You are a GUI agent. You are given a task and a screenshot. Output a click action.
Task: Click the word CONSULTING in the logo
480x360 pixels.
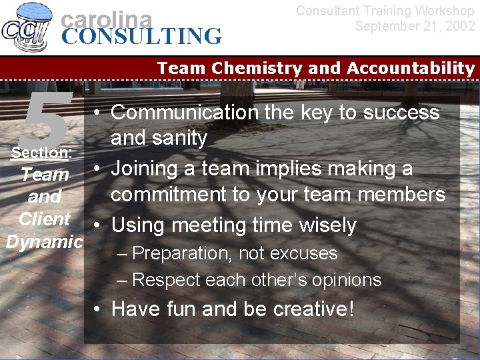click(141, 36)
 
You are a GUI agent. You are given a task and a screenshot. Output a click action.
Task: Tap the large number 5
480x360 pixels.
click(47, 120)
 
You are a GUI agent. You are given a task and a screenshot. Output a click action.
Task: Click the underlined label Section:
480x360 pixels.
click(41, 153)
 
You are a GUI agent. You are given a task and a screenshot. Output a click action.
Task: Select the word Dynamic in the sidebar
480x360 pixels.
click(44, 241)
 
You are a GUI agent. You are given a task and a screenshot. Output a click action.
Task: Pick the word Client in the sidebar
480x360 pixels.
click(44, 219)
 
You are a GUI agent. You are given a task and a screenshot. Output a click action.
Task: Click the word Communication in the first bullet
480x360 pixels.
click(184, 113)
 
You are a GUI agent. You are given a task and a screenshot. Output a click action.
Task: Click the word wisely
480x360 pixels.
click(324, 225)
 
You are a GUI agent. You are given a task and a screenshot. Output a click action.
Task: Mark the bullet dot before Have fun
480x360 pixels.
click(97, 309)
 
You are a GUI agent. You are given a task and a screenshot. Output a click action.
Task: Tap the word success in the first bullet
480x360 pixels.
click(401, 113)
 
